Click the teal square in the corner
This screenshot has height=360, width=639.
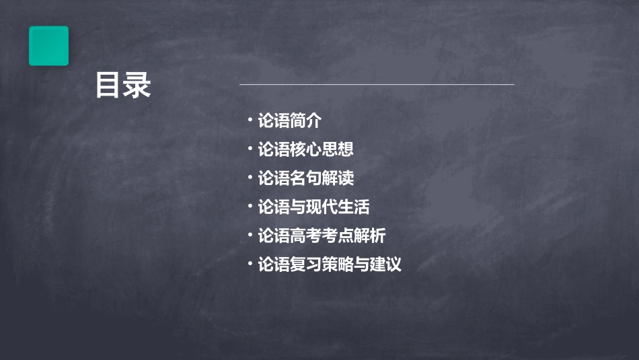[x=48, y=46]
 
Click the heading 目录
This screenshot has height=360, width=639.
[x=123, y=86]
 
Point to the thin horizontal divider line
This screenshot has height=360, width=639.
[x=377, y=85]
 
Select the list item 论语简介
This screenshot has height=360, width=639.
[x=290, y=121]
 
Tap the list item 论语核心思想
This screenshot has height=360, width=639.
[x=305, y=149]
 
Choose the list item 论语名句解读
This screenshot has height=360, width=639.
[x=305, y=178]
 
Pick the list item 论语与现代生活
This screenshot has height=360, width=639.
[x=313, y=207]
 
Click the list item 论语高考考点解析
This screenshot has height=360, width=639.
[x=322, y=236]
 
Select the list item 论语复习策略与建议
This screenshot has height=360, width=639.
[x=330, y=264]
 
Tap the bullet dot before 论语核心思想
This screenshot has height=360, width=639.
[x=250, y=148]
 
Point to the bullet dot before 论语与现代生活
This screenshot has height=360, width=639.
[x=250, y=206]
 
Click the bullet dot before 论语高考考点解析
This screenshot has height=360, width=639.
[x=250, y=235]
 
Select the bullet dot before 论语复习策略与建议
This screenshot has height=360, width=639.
[x=250, y=263]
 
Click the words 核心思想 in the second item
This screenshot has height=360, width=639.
[x=322, y=149]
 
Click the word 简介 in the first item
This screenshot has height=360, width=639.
[x=306, y=121]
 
